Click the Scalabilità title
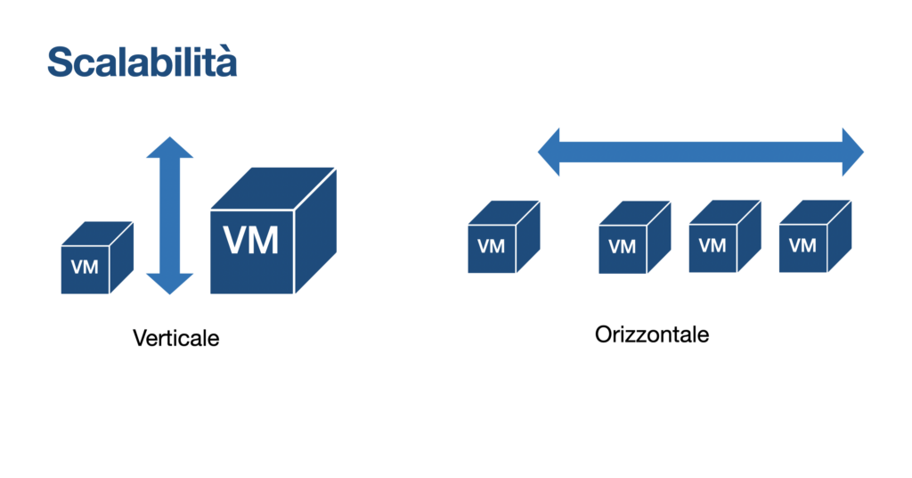click(x=142, y=62)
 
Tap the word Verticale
click(x=175, y=339)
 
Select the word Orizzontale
click(x=653, y=335)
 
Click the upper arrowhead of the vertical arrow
click(x=169, y=149)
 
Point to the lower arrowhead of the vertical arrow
click(x=169, y=284)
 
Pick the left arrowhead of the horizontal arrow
click(x=550, y=152)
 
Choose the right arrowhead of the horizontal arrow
click(x=851, y=152)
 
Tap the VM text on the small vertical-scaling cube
click(x=85, y=266)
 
